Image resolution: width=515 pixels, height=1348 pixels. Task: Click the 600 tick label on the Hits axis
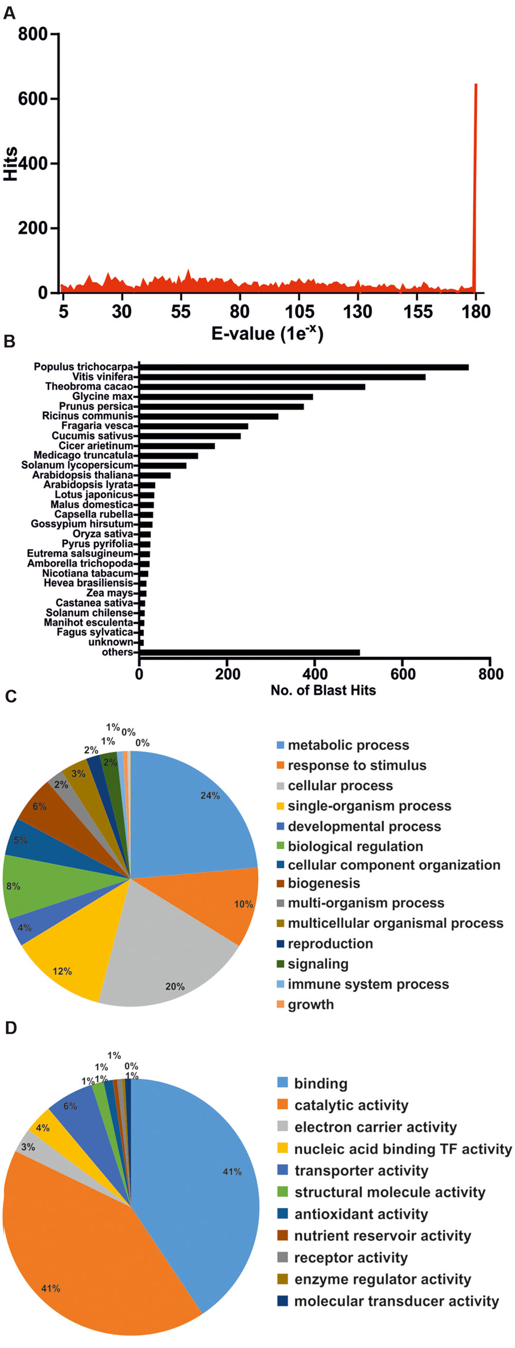pos(32,99)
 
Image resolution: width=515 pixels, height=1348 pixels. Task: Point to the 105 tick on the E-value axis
pos(299,312)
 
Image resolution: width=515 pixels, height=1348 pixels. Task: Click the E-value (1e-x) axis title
pos(267,333)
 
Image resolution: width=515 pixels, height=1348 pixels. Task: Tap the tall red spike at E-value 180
pos(475,183)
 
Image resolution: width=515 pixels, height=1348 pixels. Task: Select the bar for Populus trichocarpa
pos(303,367)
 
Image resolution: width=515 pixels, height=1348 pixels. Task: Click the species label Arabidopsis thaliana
pos(82,475)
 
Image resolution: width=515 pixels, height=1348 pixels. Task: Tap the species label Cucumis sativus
pos(92,436)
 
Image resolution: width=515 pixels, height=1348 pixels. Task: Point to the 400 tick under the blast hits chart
pos(315,673)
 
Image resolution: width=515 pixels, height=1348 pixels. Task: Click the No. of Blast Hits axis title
pos(323,690)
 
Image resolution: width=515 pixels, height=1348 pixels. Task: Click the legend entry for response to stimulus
pos(356,765)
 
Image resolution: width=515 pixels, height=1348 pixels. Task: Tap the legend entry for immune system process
pos(368,984)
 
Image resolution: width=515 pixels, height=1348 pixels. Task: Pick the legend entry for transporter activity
pos(361,1170)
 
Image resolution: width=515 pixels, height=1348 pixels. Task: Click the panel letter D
pos(11,1029)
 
